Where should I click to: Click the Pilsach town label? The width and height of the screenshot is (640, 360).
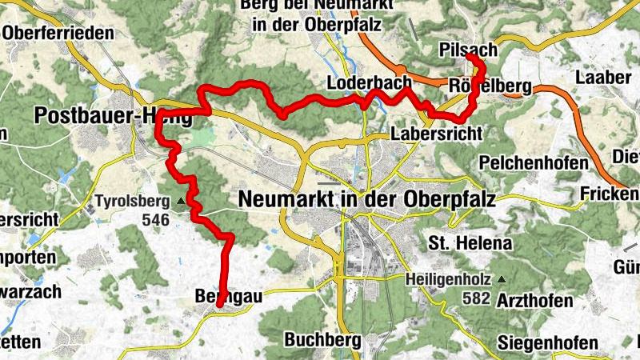click(468, 50)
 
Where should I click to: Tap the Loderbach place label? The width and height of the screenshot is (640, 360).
click(369, 82)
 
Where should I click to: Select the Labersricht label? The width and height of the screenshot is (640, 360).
click(437, 134)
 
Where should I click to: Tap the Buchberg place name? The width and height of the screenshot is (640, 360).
click(323, 340)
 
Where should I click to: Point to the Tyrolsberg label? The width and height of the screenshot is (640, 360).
click(134, 200)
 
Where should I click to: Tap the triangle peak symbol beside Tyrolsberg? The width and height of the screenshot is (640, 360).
click(181, 201)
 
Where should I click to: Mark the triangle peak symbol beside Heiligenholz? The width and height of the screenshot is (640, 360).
click(502, 279)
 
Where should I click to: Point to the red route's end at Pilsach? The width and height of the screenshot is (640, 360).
click(469, 58)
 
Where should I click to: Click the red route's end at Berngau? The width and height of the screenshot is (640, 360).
click(218, 306)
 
